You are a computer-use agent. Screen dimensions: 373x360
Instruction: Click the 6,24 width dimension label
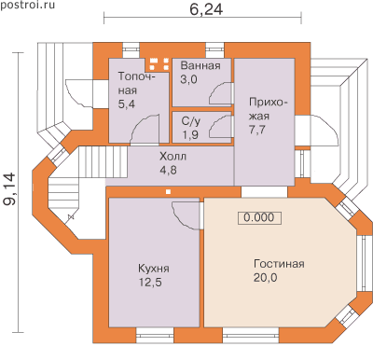click(x=206, y=9)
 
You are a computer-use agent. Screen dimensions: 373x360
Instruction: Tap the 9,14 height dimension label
click(x=9, y=189)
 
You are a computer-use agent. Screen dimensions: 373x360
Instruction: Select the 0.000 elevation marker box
click(x=259, y=217)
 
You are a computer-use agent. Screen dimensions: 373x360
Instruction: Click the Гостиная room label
click(x=279, y=264)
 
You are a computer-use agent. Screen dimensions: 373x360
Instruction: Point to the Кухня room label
click(x=154, y=269)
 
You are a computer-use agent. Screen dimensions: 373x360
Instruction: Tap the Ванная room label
click(x=200, y=66)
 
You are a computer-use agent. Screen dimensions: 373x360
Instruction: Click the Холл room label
click(x=173, y=156)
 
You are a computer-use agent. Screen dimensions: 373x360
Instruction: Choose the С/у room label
click(x=190, y=121)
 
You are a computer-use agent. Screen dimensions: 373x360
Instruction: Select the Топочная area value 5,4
click(x=127, y=104)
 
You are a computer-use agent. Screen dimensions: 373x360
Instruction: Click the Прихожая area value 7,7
click(x=257, y=130)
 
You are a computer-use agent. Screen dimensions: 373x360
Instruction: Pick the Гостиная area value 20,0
click(x=265, y=278)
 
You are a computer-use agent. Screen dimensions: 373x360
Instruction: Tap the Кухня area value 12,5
click(x=150, y=283)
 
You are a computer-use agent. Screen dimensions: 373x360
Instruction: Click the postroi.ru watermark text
click(x=27, y=6)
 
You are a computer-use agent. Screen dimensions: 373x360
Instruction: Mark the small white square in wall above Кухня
click(x=168, y=191)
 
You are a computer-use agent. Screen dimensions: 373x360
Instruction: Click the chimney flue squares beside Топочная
click(x=159, y=63)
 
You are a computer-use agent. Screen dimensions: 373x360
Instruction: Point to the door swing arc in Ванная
click(x=220, y=93)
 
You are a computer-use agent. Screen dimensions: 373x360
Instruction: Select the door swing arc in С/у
click(x=220, y=126)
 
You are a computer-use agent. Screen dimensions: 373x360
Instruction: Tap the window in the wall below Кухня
click(x=155, y=336)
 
